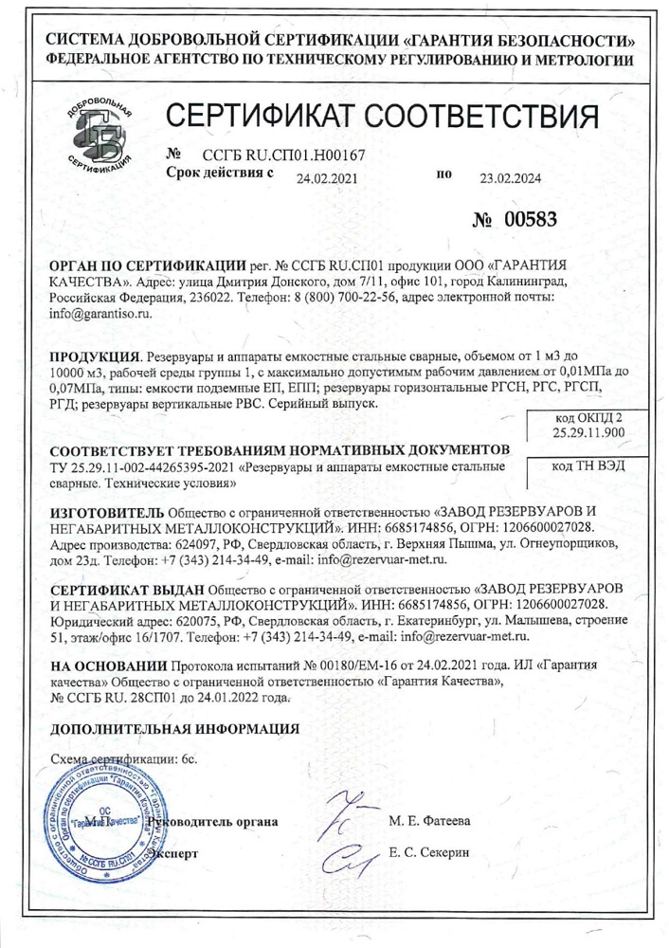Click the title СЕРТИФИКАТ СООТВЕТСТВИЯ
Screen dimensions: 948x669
point(383,119)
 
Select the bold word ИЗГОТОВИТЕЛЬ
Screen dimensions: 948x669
point(111,512)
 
